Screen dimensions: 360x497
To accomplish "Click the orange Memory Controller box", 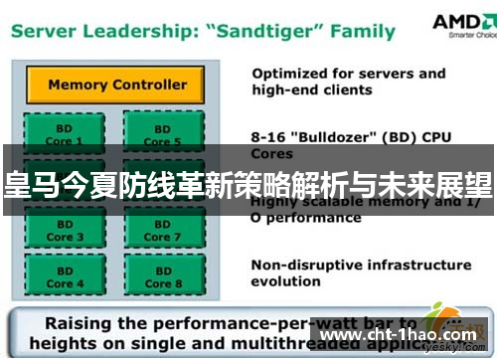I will pos(116,84).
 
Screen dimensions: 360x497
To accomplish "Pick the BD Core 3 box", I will pos(60,231).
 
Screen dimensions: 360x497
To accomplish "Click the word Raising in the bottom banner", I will pos(82,324).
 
